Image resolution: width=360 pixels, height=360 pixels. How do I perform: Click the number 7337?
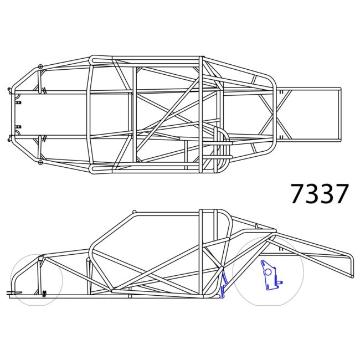click(x=320, y=194)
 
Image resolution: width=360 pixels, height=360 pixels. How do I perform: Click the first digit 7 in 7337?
click(x=298, y=194)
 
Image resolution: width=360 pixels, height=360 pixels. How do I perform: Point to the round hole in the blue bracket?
click(x=268, y=271)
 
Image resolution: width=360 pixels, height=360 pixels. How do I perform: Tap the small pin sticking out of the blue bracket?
click(x=280, y=282)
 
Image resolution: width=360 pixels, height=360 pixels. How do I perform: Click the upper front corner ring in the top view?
click(x=40, y=67)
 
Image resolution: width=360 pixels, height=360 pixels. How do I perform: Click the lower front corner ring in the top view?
click(x=40, y=163)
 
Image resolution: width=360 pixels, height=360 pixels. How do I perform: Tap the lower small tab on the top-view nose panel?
click(x=18, y=127)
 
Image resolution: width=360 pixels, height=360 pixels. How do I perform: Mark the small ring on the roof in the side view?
click(x=134, y=212)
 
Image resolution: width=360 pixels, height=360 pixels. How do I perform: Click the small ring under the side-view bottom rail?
click(x=130, y=297)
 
